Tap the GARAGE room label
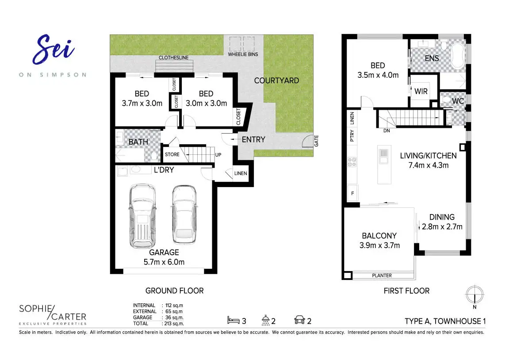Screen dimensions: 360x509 (164, 252)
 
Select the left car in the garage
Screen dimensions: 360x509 (142, 215)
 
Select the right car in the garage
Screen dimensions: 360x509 (184, 214)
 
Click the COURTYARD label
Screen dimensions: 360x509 (276, 80)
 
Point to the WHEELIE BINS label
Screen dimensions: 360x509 (243, 54)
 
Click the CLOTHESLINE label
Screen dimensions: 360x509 (173, 58)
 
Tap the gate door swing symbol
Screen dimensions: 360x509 (306, 142)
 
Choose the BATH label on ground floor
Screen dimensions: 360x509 (138, 142)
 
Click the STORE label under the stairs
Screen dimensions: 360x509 (172, 154)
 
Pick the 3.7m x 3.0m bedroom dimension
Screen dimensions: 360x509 (142, 103)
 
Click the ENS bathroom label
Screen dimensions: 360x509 (432, 58)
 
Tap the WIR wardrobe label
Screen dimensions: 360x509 (421, 92)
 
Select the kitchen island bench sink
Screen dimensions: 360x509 (383, 153)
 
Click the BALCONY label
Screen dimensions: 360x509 (379, 236)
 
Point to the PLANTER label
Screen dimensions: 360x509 (382, 276)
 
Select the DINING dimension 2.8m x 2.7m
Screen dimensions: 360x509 (442, 227)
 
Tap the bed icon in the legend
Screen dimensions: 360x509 (233, 319)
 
